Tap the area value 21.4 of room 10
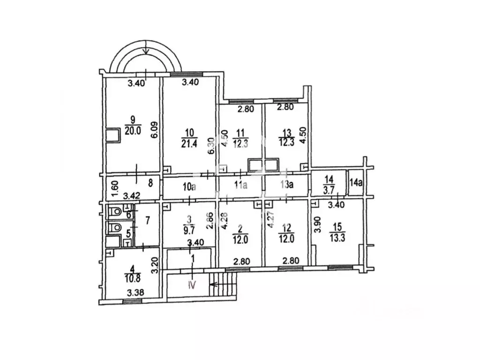click(x=189, y=144)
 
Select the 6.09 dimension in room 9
click(x=155, y=130)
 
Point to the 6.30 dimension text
click(x=211, y=145)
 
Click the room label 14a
click(x=356, y=183)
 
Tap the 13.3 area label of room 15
click(x=337, y=238)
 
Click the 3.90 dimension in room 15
click(x=318, y=225)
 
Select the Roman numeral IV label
click(x=192, y=285)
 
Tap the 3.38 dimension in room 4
click(x=135, y=292)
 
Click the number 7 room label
click(x=148, y=220)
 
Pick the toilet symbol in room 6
click(x=115, y=211)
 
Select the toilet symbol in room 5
click(x=115, y=227)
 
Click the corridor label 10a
click(x=189, y=187)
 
